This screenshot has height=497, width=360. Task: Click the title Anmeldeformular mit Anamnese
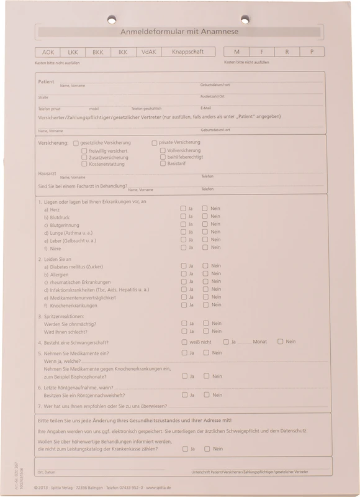(x=179, y=32)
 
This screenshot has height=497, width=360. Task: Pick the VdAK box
(x=149, y=52)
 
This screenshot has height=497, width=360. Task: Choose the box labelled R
(x=287, y=52)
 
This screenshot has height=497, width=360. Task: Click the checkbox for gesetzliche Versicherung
(x=76, y=143)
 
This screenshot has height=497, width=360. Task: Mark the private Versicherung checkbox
(x=155, y=143)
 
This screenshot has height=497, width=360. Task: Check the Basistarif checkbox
(x=163, y=165)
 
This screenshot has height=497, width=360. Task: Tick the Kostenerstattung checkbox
(x=84, y=165)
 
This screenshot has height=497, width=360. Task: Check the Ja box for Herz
(x=183, y=209)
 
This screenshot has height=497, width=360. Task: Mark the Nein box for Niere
(x=205, y=247)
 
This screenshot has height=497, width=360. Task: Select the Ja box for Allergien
(x=183, y=274)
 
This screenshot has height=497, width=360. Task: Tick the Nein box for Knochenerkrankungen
(x=205, y=305)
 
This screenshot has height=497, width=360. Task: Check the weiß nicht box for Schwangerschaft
(x=184, y=342)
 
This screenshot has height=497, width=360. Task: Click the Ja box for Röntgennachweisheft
(x=184, y=394)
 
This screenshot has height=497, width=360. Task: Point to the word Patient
(x=46, y=81)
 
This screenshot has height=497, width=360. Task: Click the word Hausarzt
(x=48, y=173)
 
